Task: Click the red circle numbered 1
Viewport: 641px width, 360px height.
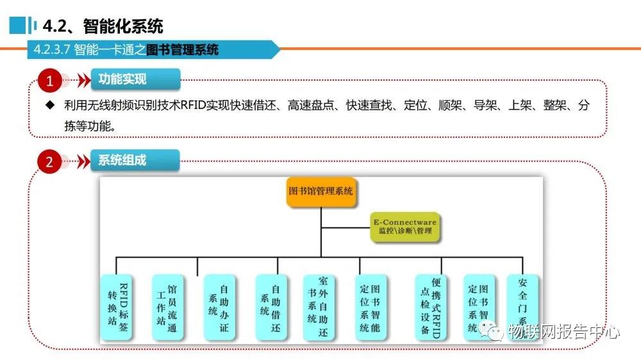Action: pos(49,81)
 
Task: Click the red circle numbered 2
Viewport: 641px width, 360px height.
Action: pos(49,161)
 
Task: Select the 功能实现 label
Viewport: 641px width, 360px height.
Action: pos(122,79)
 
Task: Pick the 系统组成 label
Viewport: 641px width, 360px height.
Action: pos(122,160)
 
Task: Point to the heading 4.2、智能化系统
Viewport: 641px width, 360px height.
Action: pos(103,26)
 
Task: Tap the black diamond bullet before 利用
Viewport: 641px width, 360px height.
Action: pos(50,106)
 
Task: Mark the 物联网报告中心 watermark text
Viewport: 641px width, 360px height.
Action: pos(564,332)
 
